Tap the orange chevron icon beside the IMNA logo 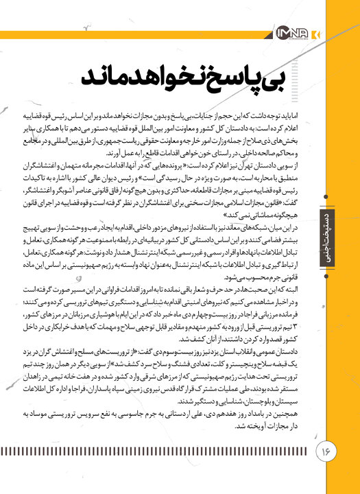tap(314, 34)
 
